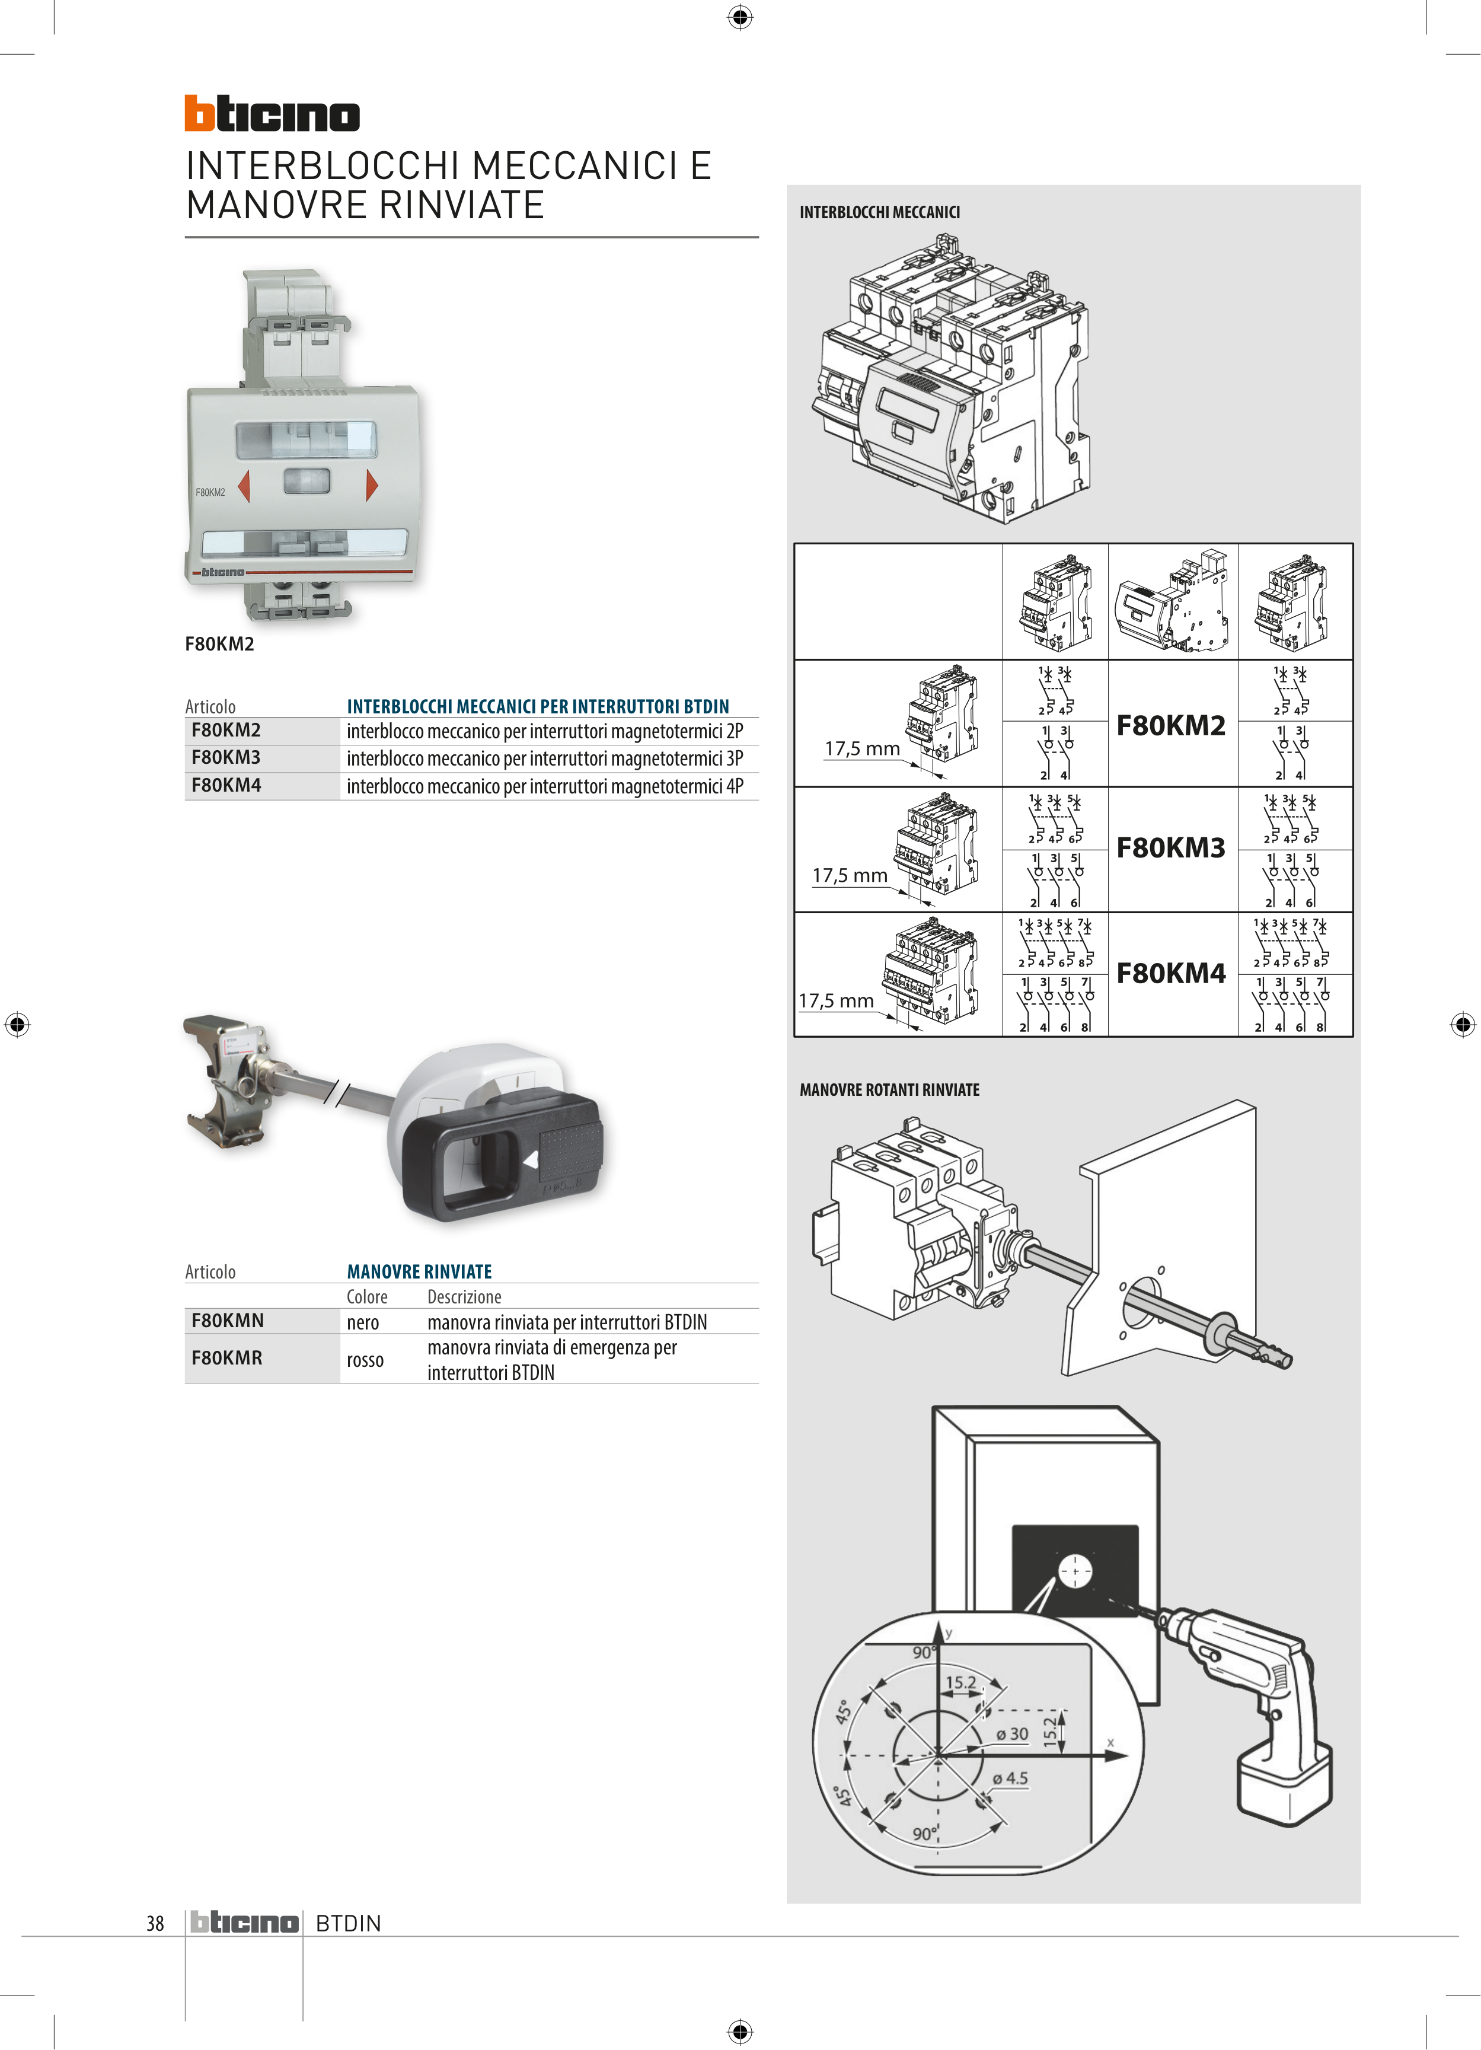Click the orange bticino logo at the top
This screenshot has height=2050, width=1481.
pos(272,114)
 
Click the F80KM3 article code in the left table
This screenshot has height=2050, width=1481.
pos(226,757)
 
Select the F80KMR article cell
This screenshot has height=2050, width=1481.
pos(227,1357)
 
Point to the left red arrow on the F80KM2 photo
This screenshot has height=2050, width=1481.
pos(243,486)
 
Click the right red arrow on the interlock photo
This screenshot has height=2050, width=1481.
pos(371,486)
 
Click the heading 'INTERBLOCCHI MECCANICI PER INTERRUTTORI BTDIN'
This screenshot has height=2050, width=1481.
pos(538,706)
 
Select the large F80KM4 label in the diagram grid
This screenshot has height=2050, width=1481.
pos(1171,974)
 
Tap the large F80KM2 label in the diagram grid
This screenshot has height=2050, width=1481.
pos(1171,725)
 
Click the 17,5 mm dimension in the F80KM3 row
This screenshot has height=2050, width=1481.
pos(850,875)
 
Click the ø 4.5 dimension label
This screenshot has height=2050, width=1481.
pos(1010,1778)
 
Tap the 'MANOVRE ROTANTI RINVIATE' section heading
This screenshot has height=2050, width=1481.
pos(889,1090)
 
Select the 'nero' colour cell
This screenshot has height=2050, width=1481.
pos(362,1322)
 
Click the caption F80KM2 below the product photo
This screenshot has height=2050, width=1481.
pos(219,643)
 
